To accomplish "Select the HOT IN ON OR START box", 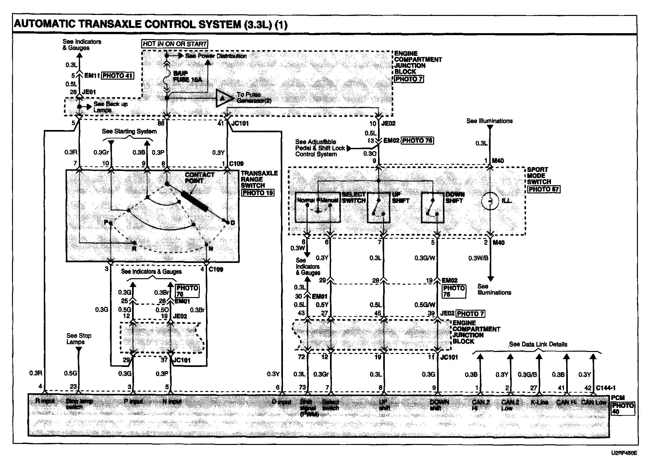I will [175, 44].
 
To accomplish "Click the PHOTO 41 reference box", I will [117, 76].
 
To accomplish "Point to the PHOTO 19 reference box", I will [258, 192].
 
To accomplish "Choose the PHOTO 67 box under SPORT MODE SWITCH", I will [543, 189].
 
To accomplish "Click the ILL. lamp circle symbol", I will [490, 201].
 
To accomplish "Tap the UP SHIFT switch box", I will [378, 207].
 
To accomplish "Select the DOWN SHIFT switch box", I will [433, 207].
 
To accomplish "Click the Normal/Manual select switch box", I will [318, 207].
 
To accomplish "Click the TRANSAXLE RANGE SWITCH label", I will [259, 179].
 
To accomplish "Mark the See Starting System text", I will [129, 131].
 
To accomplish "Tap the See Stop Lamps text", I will [79, 339].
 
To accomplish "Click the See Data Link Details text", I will [538, 344].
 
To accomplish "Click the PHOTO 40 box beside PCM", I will [623, 409].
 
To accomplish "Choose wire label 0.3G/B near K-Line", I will [527, 375].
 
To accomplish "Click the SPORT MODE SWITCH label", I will [539, 176].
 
